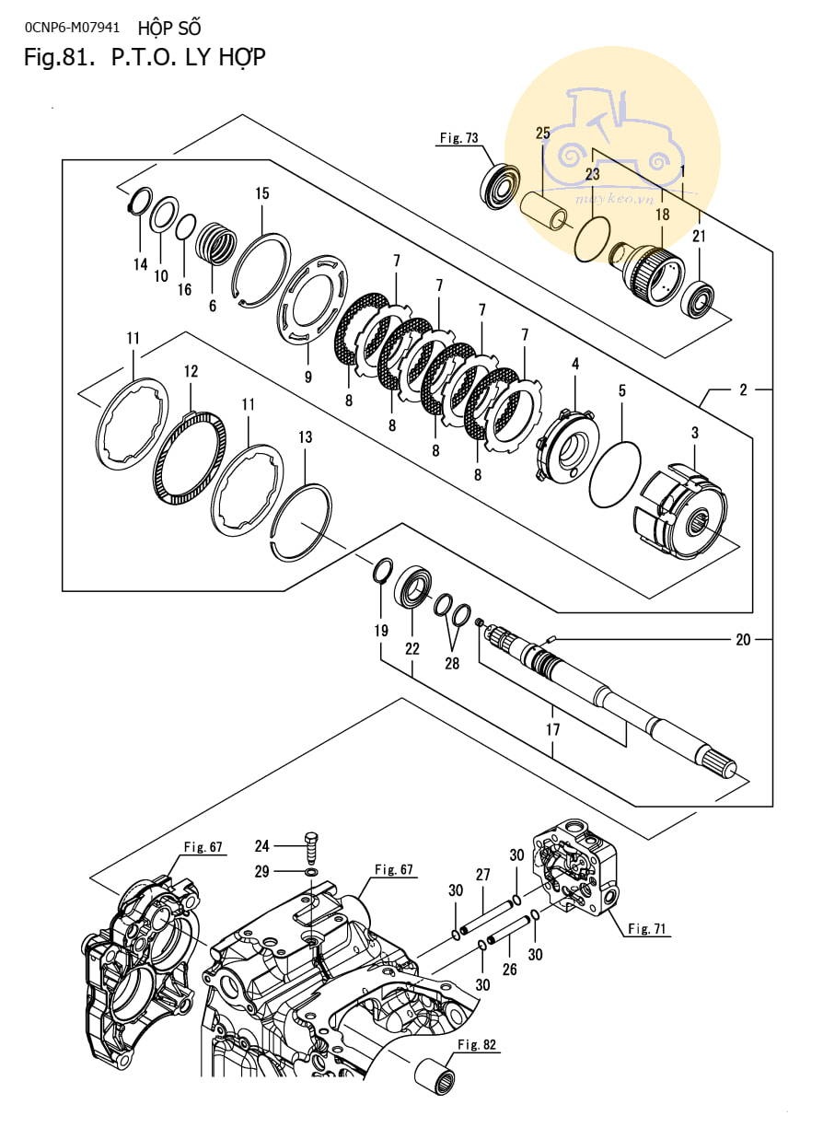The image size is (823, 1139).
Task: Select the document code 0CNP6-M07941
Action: [72, 28]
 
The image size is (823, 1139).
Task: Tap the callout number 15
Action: [262, 193]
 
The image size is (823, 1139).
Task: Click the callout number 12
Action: [191, 371]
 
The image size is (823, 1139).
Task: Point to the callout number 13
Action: [305, 437]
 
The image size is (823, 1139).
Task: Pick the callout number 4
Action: [575, 364]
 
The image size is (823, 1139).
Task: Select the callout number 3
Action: [695, 433]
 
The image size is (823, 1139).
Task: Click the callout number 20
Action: [743, 639]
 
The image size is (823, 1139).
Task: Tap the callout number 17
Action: [552, 729]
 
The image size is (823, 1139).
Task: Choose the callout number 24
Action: [261, 846]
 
